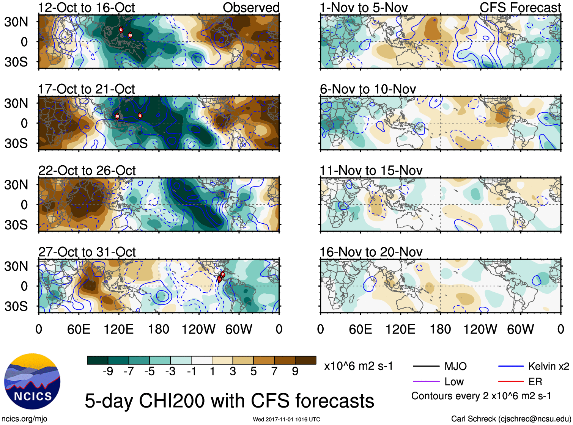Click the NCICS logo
32,381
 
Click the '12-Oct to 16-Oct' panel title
86,8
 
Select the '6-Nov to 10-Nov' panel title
368,89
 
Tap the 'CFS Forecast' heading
520,8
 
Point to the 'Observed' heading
251,8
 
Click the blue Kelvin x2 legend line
511,366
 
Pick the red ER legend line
511,382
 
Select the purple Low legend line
426,382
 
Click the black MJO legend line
426,366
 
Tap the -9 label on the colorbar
108,371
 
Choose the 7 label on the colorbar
274,371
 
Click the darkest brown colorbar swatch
305,360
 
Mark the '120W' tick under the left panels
198,329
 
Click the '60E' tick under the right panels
360,329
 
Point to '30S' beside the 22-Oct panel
16,225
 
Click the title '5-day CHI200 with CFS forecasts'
229,401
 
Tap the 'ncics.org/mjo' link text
24,419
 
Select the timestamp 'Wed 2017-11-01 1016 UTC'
286,419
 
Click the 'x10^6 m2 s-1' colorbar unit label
358,366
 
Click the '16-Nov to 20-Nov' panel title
371,252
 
